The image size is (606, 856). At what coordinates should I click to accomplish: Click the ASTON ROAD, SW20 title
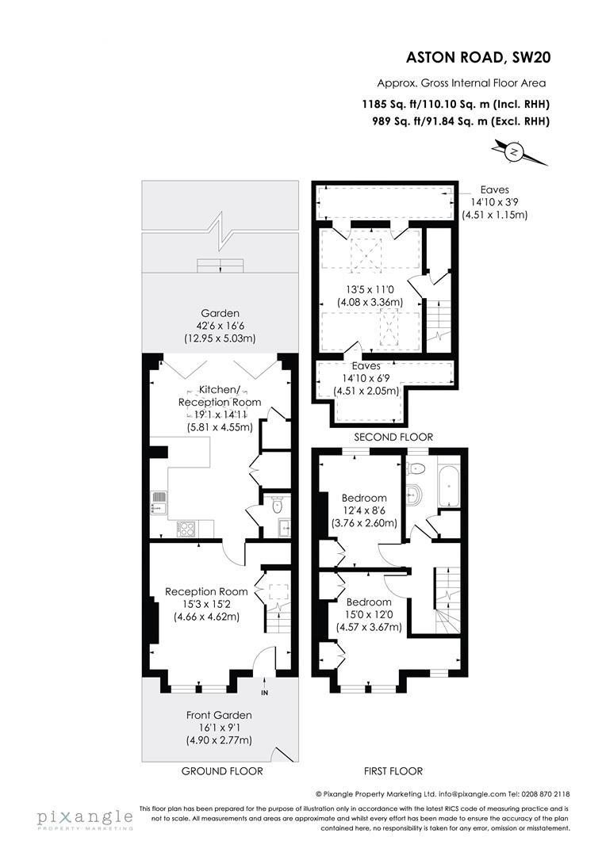click(478, 56)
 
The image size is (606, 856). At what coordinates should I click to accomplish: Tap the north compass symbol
click(516, 151)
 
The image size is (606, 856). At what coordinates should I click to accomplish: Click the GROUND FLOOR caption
click(222, 770)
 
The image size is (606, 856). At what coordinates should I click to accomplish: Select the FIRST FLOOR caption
click(393, 770)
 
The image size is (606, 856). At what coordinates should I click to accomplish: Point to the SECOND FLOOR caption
click(393, 437)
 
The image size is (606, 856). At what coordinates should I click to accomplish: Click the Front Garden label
click(219, 714)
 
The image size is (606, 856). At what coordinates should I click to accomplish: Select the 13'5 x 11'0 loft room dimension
click(371, 289)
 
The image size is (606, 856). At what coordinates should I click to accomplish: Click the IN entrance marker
click(265, 692)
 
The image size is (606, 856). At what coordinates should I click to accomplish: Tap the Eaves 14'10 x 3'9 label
click(495, 201)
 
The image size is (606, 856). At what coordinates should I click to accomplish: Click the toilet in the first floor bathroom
click(413, 491)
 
